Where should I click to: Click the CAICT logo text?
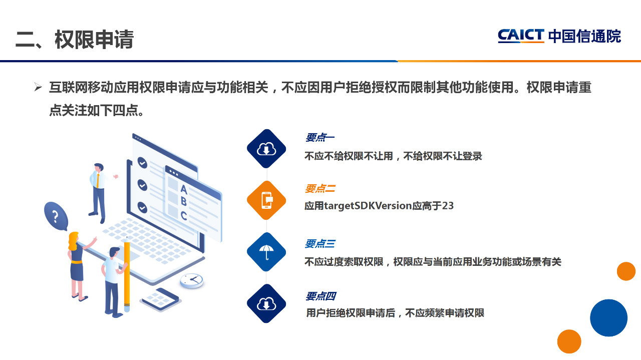point(521,36)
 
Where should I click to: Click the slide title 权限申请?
point(94,40)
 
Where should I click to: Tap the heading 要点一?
point(319,137)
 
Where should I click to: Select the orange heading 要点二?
point(320,189)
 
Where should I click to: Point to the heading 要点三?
point(320,243)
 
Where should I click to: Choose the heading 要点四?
point(320,296)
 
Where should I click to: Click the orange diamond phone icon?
point(266,200)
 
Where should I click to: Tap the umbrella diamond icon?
point(266,252)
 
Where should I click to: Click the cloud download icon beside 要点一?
point(266,149)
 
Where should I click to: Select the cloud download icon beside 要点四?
point(266,303)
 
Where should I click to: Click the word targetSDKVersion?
point(368,206)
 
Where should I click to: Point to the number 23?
point(448,206)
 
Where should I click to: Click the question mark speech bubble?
point(56,216)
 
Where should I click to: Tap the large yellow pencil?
point(127,274)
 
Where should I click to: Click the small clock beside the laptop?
point(192,280)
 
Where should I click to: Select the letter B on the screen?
point(184,201)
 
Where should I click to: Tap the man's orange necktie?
point(98,181)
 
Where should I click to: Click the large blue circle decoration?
point(608,317)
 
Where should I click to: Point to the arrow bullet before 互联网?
point(38,87)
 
